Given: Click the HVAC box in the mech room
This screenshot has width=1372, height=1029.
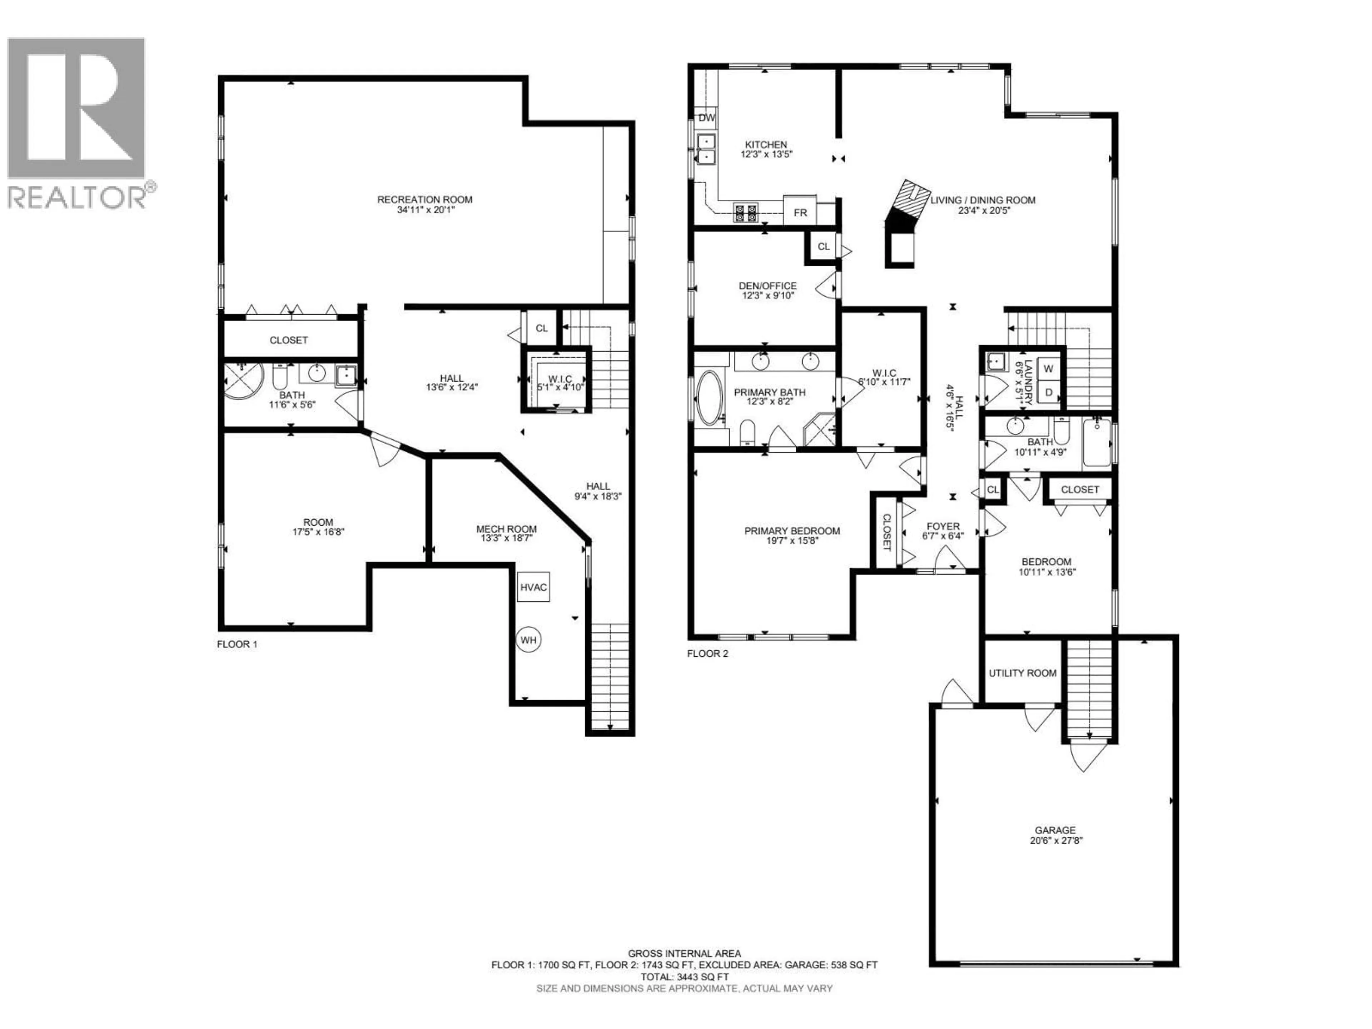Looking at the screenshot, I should point(533,587).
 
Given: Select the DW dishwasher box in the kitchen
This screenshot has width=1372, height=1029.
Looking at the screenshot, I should point(706,117).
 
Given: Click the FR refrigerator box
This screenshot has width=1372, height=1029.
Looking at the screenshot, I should point(800,213).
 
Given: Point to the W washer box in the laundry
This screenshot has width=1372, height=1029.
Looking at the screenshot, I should point(1049,368).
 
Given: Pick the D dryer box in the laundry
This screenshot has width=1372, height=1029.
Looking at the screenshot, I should point(1049,392).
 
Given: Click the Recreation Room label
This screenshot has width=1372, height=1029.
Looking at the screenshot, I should point(425,199).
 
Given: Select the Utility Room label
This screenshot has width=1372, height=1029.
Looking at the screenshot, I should point(1022,673).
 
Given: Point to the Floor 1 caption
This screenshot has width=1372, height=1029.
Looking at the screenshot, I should point(237,644).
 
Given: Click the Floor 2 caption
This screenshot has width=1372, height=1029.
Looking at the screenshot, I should point(708,653).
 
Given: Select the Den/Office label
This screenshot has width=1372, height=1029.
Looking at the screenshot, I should point(767,286).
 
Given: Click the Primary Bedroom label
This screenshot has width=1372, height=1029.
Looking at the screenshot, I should point(792,531).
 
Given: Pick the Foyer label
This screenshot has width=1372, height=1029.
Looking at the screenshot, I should point(943,526).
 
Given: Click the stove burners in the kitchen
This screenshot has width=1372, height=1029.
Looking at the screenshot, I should point(746,213).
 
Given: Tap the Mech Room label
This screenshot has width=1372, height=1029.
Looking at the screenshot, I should point(506,529).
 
